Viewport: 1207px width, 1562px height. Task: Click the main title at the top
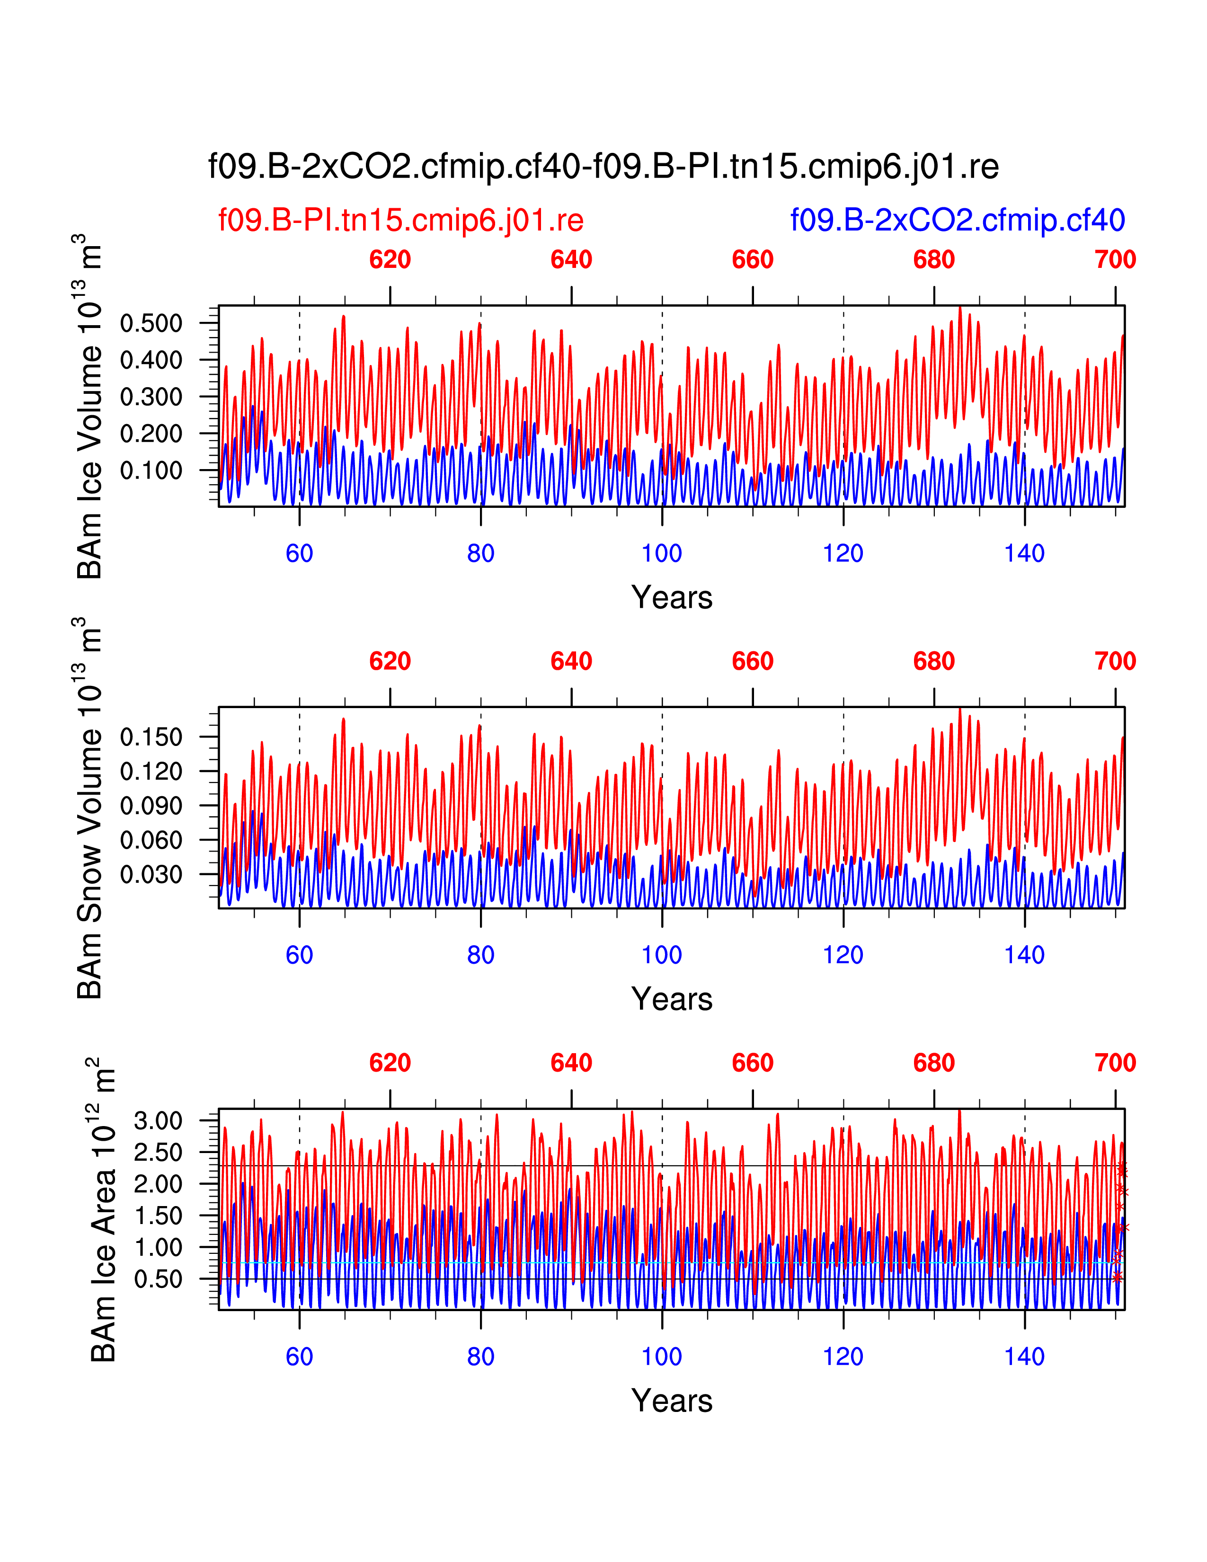(x=603, y=167)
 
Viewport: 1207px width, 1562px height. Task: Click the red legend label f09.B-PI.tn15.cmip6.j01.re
(x=400, y=220)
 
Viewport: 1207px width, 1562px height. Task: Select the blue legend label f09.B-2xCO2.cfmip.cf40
(x=957, y=220)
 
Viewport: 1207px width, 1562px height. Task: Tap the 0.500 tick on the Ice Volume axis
(x=151, y=323)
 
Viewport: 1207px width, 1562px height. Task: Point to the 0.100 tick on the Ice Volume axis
(x=151, y=470)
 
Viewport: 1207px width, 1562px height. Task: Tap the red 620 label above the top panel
(x=390, y=259)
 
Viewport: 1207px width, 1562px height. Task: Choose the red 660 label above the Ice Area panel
(x=752, y=1063)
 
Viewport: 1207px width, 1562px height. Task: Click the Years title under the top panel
(x=672, y=597)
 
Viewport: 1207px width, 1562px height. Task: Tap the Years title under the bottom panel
(x=672, y=1401)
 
